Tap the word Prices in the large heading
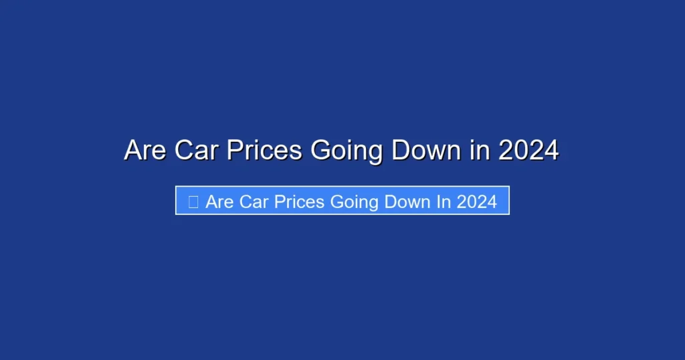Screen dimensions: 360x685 click(264, 151)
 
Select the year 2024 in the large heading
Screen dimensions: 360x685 click(528, 151)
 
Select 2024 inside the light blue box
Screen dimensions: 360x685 click(476, 201)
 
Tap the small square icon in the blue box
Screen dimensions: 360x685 click(193, 201)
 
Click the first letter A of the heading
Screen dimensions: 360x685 click(133, 151)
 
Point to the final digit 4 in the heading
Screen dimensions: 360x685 click(551, 151)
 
